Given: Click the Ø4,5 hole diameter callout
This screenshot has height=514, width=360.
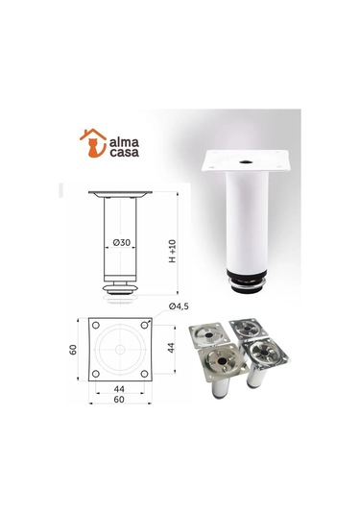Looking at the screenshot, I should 179,306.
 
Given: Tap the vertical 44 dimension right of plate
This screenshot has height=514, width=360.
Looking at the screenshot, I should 173,350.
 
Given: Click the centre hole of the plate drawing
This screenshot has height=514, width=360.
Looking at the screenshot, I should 120,350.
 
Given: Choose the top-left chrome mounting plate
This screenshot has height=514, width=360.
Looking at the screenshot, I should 207,332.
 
